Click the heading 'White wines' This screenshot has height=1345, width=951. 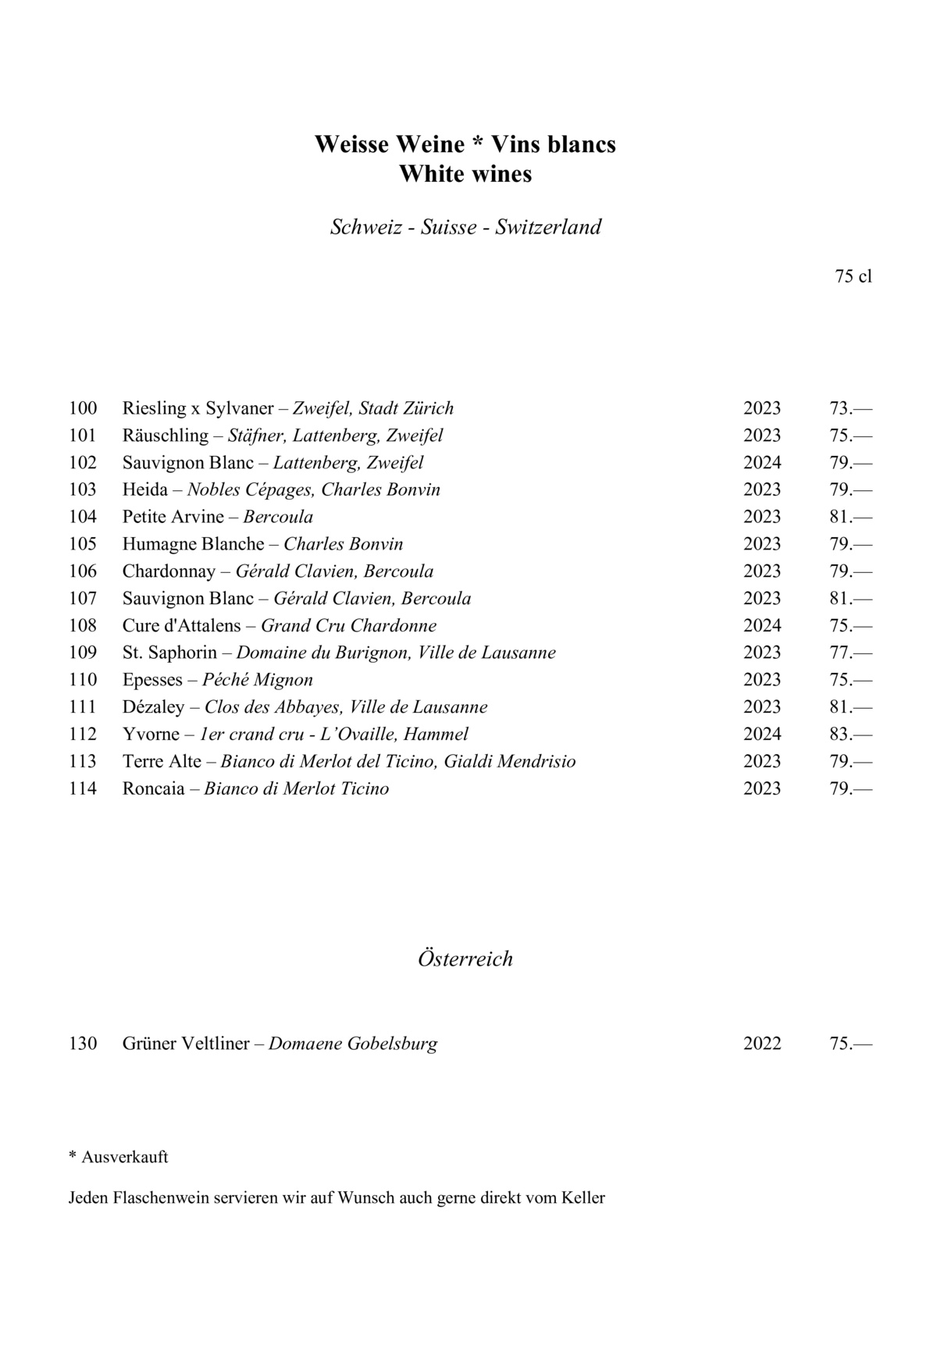(465, 174)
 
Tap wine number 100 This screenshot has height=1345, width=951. (83, 408)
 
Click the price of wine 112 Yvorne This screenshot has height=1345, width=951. (850, 735)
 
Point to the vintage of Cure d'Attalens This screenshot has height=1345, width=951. (762, 626)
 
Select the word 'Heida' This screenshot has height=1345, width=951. (144, 490)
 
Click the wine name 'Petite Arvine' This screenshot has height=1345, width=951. (173, 517)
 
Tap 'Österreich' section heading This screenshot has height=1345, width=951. (465, 959)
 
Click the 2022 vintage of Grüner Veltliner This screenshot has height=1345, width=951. (762, 1044)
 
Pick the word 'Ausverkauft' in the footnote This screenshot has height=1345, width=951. (125, 1157)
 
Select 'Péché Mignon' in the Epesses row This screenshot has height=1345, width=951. (258, 680)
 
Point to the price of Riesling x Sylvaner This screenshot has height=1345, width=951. (850, 408)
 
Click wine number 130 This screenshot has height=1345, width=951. (83, 1044)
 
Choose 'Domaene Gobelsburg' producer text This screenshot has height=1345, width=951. (353, 1044)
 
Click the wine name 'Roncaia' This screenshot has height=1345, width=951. (154, 788)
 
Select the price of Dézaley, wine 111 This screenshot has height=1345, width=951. (850, 707)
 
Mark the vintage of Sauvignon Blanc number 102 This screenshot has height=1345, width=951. (762, 463)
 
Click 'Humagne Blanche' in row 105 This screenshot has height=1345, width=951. (193, 544)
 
